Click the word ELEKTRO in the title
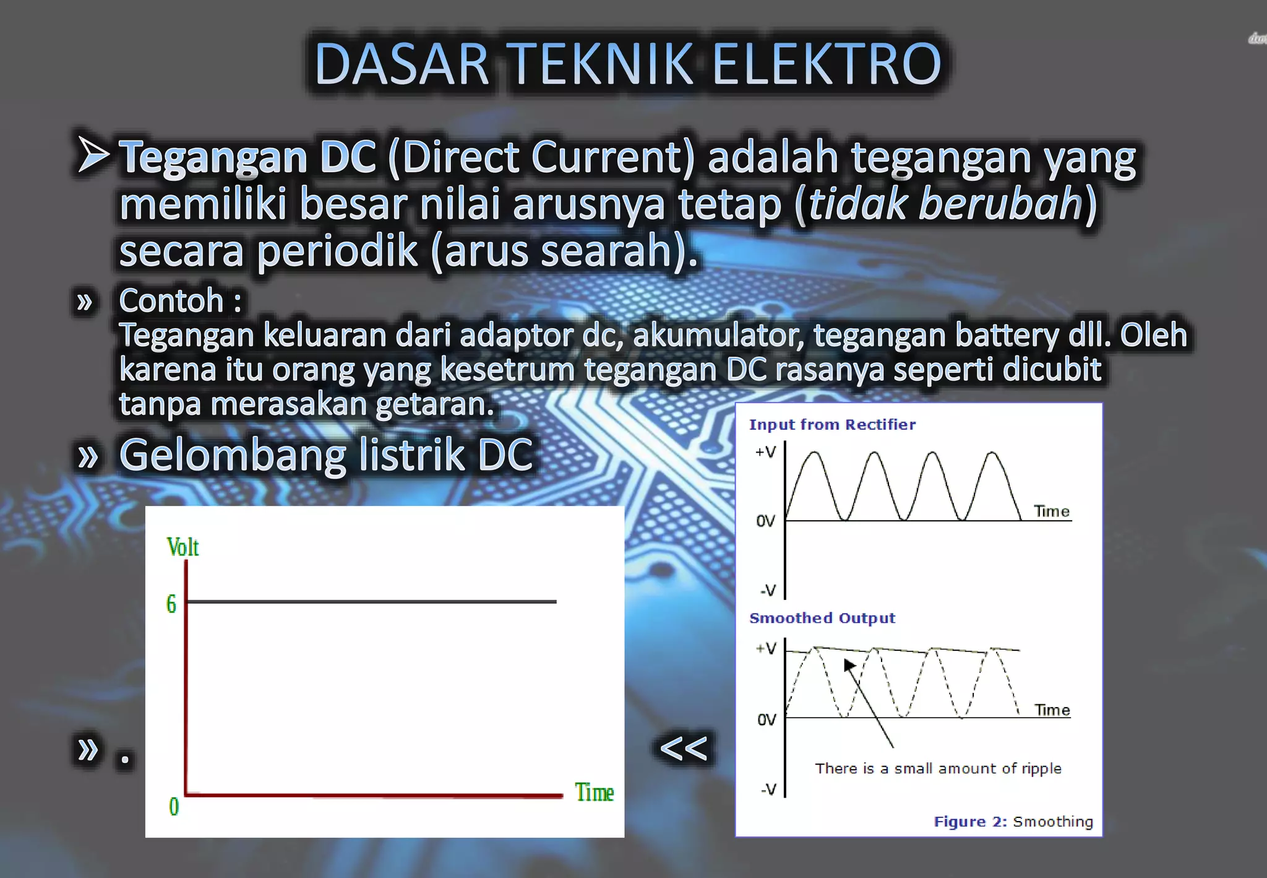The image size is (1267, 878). click(827, 64)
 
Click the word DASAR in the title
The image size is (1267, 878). click(402, 64)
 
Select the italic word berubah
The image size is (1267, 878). click(1000, 204)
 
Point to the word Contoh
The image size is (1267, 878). click(171, 301)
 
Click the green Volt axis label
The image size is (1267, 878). click(183, 547)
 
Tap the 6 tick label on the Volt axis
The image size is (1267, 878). click(171, 604)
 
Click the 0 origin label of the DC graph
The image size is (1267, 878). click(174, 806)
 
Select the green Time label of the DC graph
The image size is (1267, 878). click(594, 793)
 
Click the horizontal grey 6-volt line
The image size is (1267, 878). click(371, 601)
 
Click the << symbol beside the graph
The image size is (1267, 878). click(684, 748)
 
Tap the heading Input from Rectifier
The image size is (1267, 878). click(832, 425)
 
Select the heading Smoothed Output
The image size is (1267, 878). click(822, 618)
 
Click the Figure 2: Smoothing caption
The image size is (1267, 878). click(1013, 822)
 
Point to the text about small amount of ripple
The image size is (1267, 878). click(938, 768)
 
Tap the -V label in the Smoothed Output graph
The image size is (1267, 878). click(768, 789)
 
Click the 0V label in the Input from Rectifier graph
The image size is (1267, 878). click(765, 521)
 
